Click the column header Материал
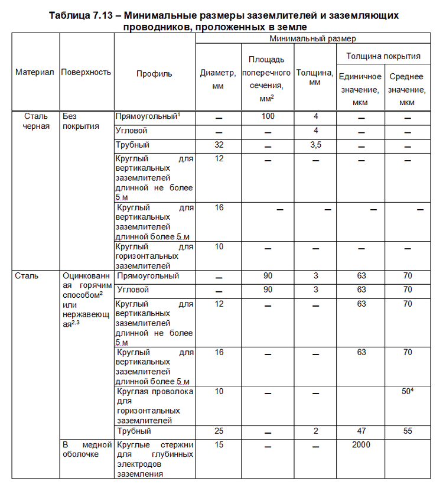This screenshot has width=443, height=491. click(35, 72)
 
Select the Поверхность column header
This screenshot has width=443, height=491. click(86, 72)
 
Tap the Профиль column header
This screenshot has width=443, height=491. click(154, 74)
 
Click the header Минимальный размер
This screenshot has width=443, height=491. click(312, 38)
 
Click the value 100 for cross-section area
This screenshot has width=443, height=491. click(268, 116)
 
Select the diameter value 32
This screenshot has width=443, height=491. click(219, 145)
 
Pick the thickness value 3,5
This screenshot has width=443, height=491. click(316, 145)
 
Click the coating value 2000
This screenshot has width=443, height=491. click(360, 444)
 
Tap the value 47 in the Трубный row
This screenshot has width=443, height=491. click(360, 431)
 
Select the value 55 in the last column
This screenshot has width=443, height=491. click(407, 431)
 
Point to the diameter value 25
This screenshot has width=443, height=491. click(219, 431)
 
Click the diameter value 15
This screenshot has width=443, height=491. click(219, 444)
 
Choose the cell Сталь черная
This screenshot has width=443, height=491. click(35, 121)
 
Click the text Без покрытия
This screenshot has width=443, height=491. click(80, 121)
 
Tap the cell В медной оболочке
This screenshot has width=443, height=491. click(87, 449)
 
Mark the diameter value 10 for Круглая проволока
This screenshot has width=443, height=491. click(219, 392)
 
